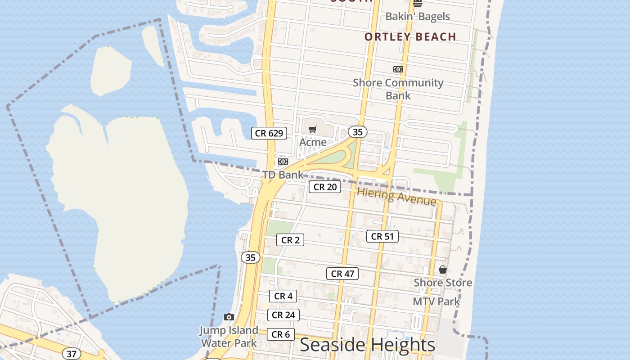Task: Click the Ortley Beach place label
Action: tap(410, 37)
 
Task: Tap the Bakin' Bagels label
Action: tap(418, 17)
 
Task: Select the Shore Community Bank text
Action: tap(398, 89)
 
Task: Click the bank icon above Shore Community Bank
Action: tap(398, 69)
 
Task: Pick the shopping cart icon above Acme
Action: tap(313, 130)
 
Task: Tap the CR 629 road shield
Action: tap(269, 133)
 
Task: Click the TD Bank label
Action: tap(283, 175)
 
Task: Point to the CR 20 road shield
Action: tap(325, 187)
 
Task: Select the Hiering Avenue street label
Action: tap(396, 197)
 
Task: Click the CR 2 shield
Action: tap(290, 240)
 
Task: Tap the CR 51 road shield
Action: tap(382, 236)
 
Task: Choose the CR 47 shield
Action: tap(342, 274)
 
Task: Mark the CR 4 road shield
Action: tap(283, 296)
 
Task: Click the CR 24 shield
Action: tap(283, 315)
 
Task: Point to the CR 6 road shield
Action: tap(281, 334)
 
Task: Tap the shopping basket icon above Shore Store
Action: tap(443, 270)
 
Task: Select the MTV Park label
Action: tap(436, 301)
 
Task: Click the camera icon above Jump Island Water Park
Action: tap(229, 317)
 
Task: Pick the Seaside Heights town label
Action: tap(367, 345)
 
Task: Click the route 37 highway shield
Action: tap(72, 354)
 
